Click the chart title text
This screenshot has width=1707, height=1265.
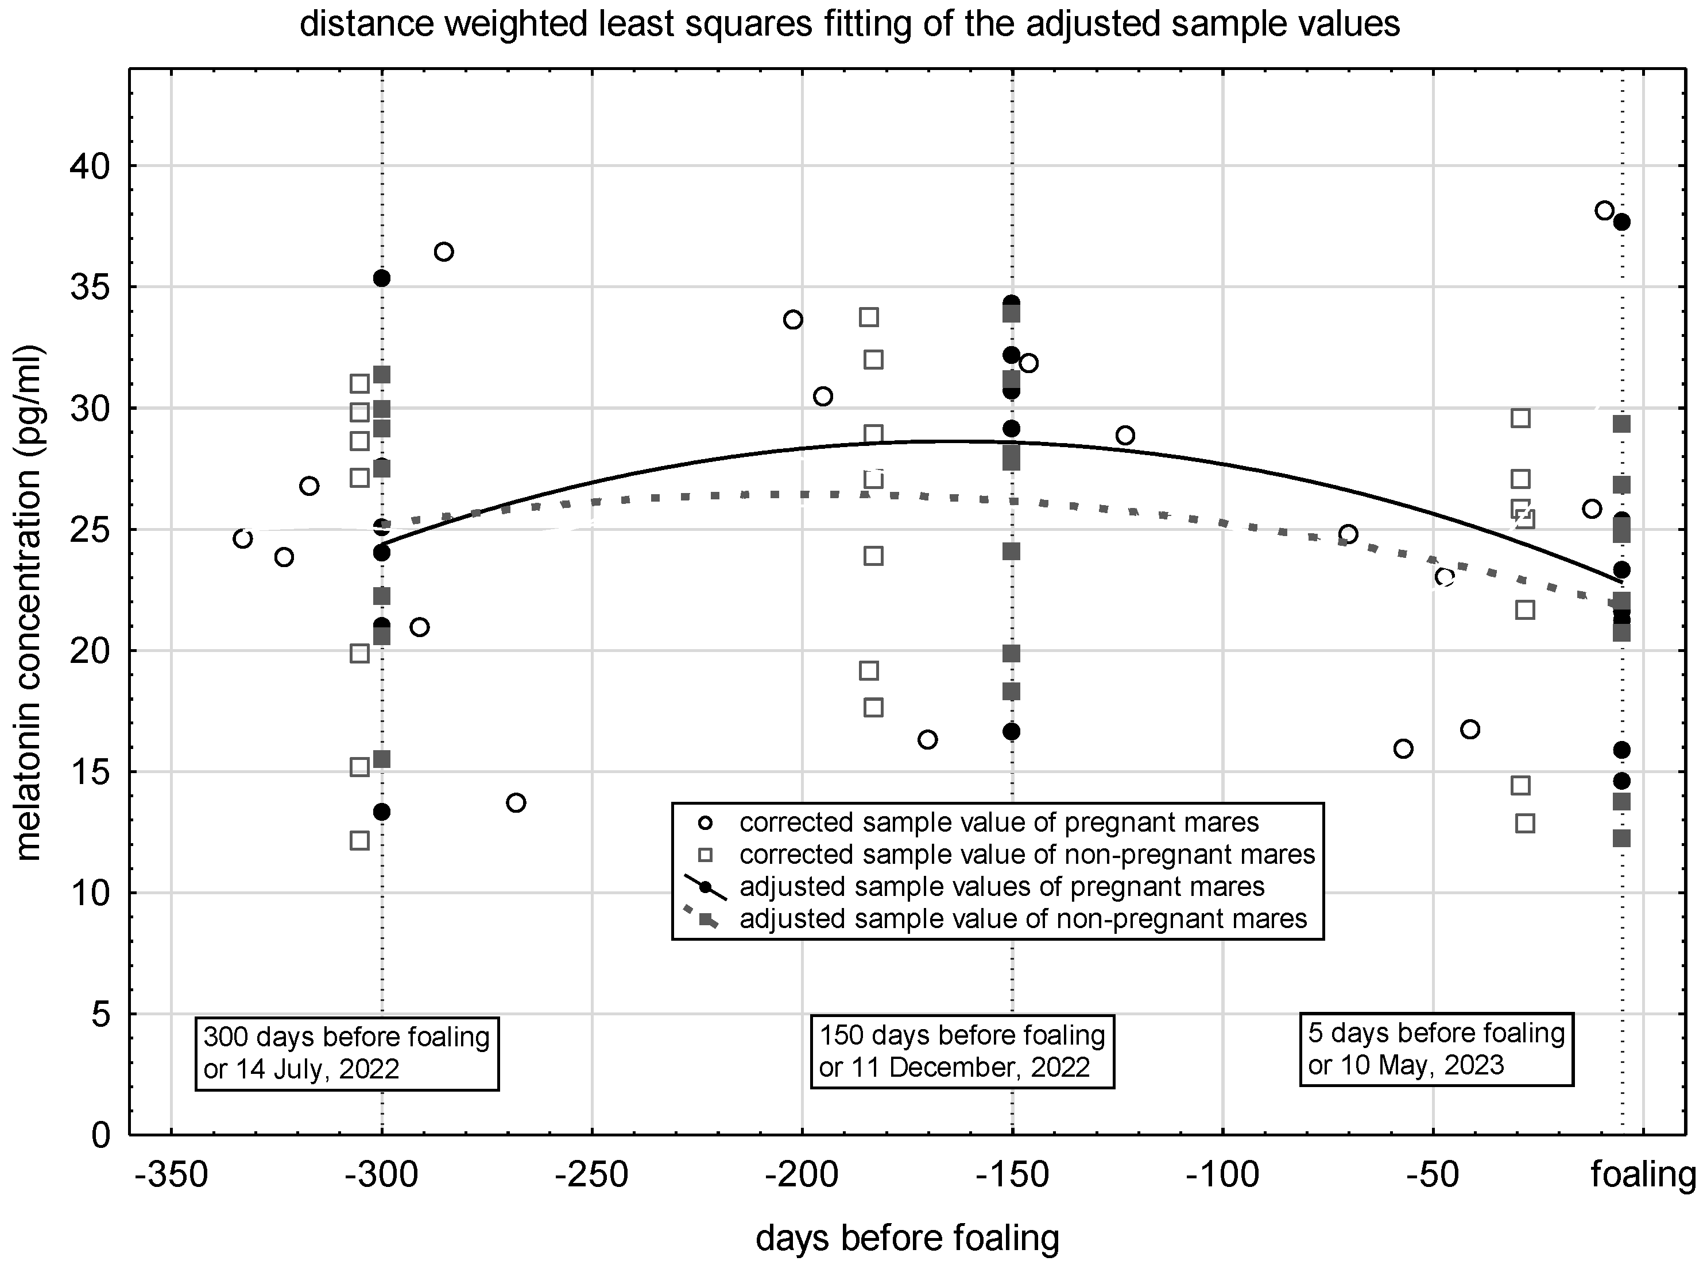[849, 25]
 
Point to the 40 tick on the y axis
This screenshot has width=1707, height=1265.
[90, 166]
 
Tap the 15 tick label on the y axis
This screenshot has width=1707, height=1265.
[90, 772]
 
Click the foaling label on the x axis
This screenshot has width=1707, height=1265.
[1643, 1174]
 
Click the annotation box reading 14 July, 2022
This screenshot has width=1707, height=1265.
[347, 1053]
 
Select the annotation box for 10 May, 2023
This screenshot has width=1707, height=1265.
[1436, 1049]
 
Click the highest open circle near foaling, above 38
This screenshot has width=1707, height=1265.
[1604, 211]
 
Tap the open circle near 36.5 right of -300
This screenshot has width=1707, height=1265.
[443, 252]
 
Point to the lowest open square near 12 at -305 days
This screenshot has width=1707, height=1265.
[359, 841]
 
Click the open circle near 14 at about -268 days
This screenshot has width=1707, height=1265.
[516, 802]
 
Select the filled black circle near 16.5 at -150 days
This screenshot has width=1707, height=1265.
[1011, 731]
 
